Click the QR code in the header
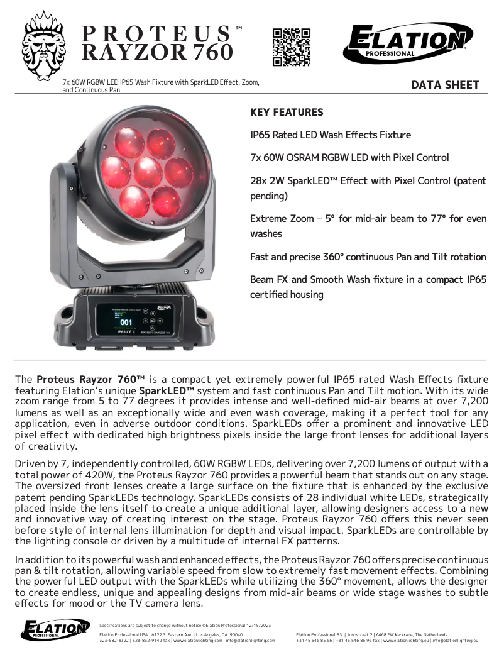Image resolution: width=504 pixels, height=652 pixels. (292, 47)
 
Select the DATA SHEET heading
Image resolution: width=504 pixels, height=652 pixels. (445, 86)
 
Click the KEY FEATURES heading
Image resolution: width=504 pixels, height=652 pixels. (287, 113)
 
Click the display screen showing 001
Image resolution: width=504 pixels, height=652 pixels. (126, 321)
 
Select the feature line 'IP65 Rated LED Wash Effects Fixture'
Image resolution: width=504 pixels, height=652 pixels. (331, 135)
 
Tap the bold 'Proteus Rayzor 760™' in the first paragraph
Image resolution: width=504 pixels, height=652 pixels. (90, 379)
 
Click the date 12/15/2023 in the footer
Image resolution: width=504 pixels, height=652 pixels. (254, 625)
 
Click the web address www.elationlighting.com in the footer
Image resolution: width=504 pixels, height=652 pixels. (199, 640)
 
